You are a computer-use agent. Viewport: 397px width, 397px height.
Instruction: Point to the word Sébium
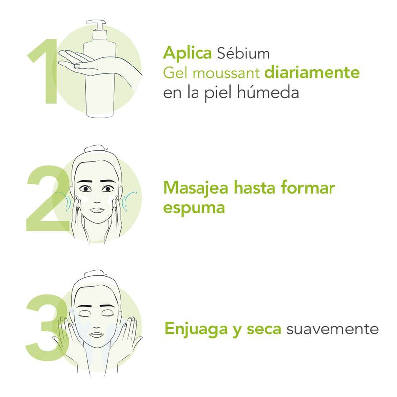[x=244, y=53]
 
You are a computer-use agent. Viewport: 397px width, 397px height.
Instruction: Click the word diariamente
[x=312, y=72]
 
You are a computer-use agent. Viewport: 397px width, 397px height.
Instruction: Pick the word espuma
[x=194, y=208]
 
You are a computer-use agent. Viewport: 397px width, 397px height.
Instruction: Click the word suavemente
[x=332, y=329]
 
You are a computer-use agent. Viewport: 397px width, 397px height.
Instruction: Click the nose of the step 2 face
[x=97, y=200]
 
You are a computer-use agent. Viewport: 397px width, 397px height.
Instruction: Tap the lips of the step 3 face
[x=97, y=334]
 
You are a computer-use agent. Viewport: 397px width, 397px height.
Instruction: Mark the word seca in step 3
[x=264, y=329]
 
